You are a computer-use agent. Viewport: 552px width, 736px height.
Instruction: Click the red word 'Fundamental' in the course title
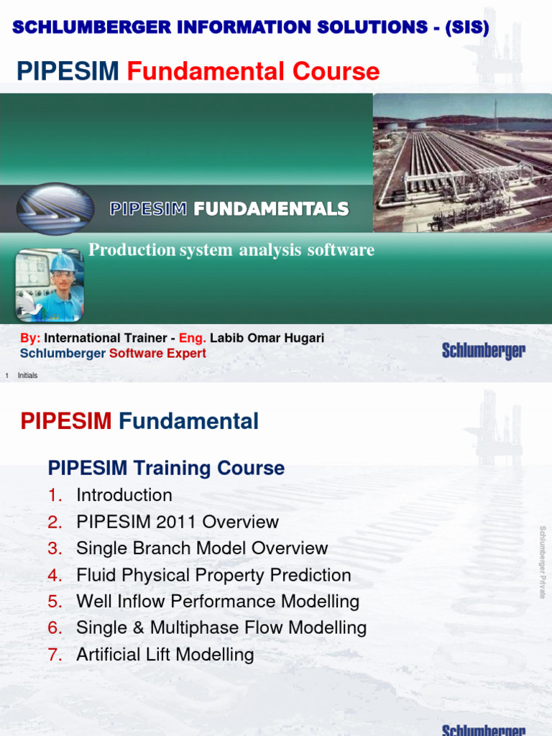(253, 71)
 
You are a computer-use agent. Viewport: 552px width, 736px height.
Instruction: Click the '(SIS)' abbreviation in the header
(466, 28)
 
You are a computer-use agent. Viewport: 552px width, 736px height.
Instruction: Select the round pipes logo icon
(55, 208)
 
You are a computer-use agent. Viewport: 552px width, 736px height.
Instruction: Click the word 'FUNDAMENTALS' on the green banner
(271, 209)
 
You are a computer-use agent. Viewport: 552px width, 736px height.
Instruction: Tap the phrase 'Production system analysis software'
(231, 250)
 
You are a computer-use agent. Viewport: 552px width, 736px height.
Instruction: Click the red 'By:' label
(30, 338)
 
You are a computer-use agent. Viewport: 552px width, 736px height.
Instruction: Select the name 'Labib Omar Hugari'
(267, 338)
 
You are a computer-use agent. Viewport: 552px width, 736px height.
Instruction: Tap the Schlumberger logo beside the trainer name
(483, 351)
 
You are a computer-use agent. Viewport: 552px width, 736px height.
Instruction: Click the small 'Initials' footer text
(27, 376)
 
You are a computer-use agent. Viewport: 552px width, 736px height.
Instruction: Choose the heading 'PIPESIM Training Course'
(166, 468)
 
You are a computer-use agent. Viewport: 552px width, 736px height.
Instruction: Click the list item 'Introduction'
(124, 495)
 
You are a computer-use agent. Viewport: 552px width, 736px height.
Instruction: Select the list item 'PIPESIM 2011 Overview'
(178, 522)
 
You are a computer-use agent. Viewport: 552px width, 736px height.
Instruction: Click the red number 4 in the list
(55, 575)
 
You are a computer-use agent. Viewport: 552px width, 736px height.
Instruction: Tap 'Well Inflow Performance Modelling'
(218, 602)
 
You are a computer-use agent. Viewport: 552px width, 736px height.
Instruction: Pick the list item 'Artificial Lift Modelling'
(165, 655)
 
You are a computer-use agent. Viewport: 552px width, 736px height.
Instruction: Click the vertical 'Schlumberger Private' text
(543, 562)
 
